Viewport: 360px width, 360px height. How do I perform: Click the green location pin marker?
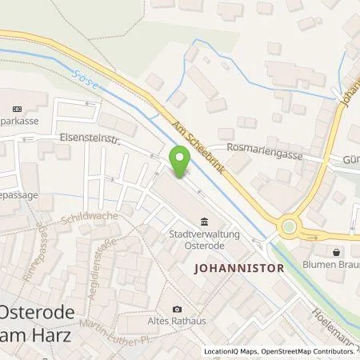(x=182, y=162)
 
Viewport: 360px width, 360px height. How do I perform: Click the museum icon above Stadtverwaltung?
(x=205, y=222)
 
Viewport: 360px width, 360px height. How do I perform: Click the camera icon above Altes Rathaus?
(x=178, y=309)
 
